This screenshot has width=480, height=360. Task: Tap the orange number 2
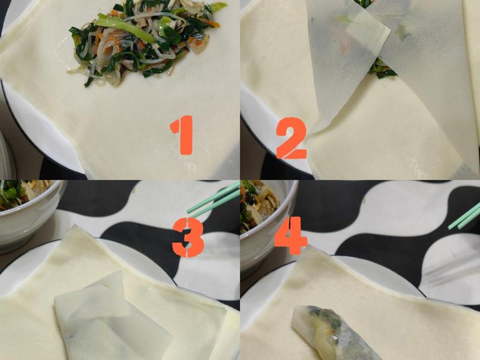pyautogui.click(x=291, y=138)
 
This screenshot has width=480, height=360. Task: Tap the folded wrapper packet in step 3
pyautogui.click(x=111, y=318)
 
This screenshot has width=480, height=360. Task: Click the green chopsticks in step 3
pyautogui.click(x=213, y=200)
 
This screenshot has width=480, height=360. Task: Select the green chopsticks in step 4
pyautogui.click(x=465, y=216)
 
